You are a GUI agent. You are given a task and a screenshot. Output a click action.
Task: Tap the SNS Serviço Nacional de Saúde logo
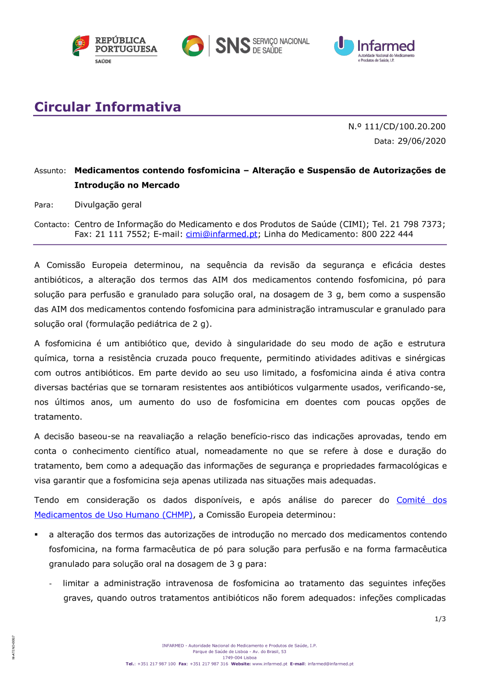click(x=246, y=46)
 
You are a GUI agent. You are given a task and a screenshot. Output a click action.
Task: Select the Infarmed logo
click(x=374, y=48)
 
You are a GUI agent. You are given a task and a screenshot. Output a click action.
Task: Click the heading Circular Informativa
click(x=108, y=107)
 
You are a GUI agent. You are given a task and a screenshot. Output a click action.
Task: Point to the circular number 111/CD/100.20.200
click(x=405, y=126)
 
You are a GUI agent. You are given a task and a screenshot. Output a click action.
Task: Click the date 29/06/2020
click(x=421, y=141)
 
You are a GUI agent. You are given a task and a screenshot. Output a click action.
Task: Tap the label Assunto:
click(x=50, y=171)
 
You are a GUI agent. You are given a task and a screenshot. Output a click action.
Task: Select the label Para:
click(x=44, y=205)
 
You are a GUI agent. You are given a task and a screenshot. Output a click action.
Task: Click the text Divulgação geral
click(x=108, y=205)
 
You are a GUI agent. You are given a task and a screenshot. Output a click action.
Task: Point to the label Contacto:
click(x=52, y=225)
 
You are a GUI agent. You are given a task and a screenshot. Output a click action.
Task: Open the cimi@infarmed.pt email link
click(x=222, y=234)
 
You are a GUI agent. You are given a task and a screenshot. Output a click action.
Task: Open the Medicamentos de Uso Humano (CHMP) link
click(x=113, y=515)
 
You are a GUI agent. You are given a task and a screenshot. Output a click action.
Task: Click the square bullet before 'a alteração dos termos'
click(x=36, y=534)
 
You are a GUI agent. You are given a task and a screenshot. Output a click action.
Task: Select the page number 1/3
click(x=440, y=619)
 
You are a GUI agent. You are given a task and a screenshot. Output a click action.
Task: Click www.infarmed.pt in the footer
click(x=270, y=664)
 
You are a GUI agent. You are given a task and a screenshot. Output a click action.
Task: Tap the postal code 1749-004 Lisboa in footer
click(x=240, y=658)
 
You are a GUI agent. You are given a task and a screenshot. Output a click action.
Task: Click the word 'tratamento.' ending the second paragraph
click(x=58, y=417)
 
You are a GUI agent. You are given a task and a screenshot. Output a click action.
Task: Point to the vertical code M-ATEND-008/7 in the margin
click(x=13, y=647)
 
